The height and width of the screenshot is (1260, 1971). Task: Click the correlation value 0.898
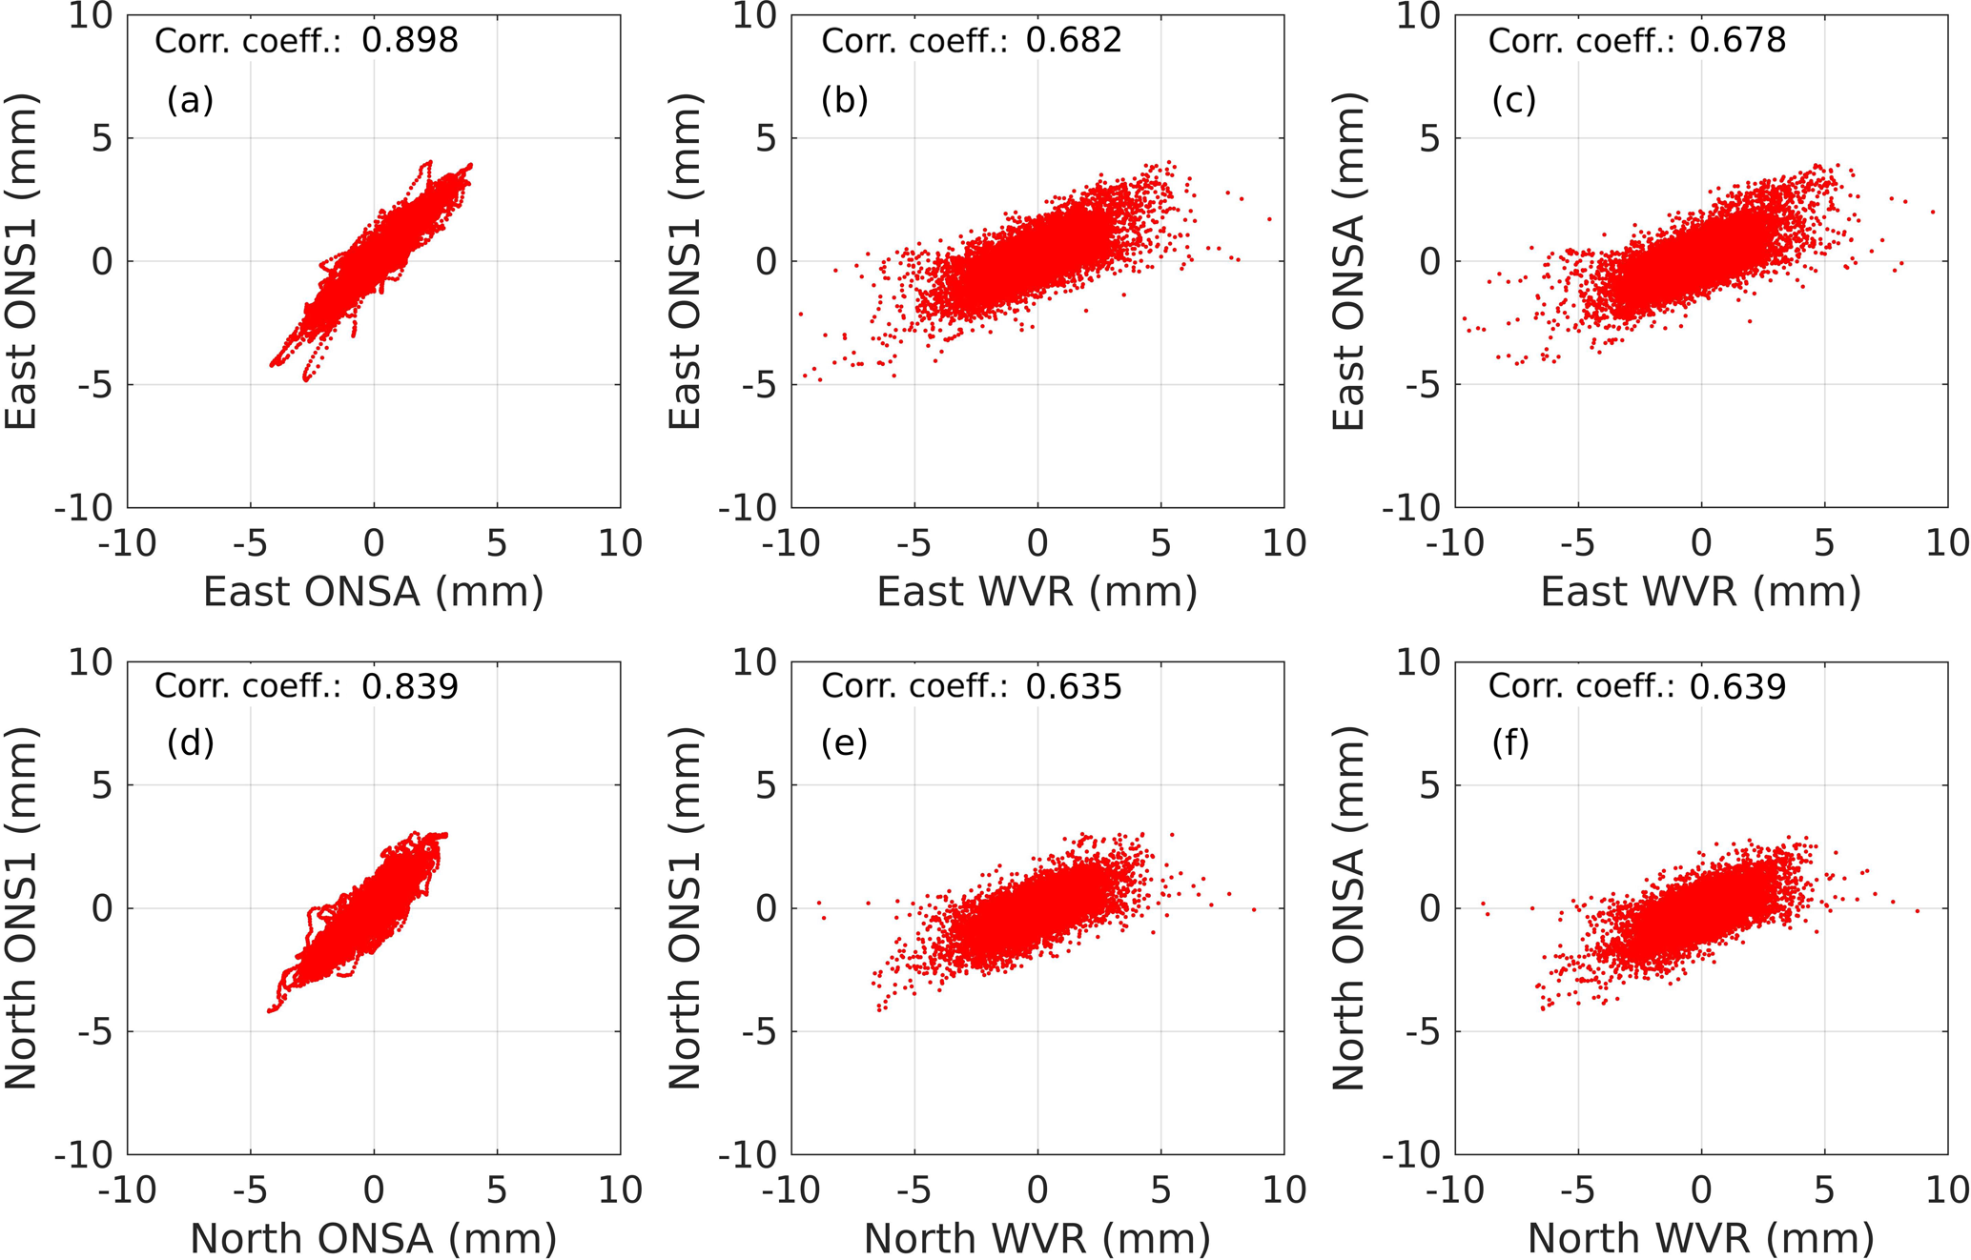(x=410, y=40)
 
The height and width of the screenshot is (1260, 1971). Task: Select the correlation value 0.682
(x=1074, y=40)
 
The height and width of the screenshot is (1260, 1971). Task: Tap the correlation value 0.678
(x=1737, y=40)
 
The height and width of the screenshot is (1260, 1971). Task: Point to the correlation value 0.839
(x=410, y=686)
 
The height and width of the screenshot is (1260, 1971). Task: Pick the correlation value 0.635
(x=1074, y=686)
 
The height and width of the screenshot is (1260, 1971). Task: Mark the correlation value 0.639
(x=1737, y=686)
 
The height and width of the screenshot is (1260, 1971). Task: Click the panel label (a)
(x=190, y=99)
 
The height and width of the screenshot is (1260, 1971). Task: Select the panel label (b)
(x=844, y=99)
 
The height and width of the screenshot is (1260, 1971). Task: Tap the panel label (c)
(x=1513, y=99)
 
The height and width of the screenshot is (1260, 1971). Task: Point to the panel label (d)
(x=190, y=742)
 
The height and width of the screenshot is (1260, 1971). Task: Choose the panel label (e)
(x=844, y=742)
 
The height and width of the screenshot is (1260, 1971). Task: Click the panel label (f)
(x=1510, y=742)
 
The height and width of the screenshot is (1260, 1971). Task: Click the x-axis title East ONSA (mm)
(x=373, y=592)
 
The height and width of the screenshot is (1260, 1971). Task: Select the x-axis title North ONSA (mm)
(x=373, y=1238)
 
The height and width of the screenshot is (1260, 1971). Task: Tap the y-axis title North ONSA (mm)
(x=1348, y=907)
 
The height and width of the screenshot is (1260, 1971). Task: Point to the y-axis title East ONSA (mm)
(x=1348, y=261)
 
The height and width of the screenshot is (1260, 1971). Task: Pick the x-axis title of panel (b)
(x=1037, y=592)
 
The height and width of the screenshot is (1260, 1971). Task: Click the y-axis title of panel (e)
(x=685, y=907)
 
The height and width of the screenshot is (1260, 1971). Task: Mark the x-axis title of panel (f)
(x=1700, y=1238)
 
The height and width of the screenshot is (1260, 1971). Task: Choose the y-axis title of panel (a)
(x=21, y=261)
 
